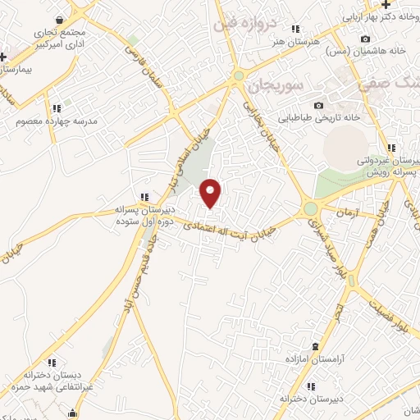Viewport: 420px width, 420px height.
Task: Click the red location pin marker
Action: (x=212, y=192)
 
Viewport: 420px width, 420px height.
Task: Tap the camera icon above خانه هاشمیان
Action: (x=365, y=39)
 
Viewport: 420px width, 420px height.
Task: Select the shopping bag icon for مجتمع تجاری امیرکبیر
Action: (x=59, y=19)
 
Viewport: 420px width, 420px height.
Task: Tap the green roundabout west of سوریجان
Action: (x=238, y=76)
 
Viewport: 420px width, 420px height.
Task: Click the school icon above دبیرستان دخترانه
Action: (x=310, y=386)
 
